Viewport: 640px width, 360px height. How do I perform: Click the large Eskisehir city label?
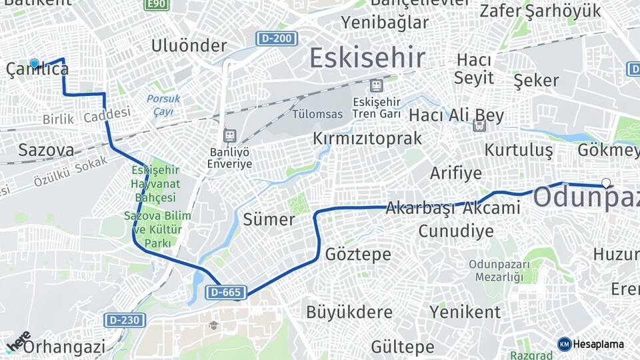pos(367,59)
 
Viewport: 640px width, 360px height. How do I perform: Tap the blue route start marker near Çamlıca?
pos(35,63)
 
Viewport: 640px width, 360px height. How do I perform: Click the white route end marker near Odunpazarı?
pos(605,183)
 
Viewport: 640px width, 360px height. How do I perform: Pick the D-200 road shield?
pos(277,39)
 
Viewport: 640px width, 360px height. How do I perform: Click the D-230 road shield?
pos(124,320)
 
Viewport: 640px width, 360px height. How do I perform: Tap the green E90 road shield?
pos(157,5)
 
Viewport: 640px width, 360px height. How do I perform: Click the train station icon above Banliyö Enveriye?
pos(230,135)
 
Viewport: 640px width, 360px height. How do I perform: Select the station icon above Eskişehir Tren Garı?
pos(377,86)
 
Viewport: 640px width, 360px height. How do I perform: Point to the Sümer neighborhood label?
pos(269,219)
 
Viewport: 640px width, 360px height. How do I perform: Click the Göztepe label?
pos(358,254)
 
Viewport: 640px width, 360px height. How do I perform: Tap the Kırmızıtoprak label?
pos(368,139)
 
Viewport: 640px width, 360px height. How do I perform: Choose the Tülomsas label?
pos(317,114)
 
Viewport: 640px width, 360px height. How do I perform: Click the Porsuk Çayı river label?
pos(163,105)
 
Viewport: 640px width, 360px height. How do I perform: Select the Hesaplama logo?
pos(591,344)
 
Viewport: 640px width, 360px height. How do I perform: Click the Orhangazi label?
pos(65,347)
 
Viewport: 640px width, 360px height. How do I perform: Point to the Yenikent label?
pos(465,311)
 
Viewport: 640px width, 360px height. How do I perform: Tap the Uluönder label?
pos(189,45)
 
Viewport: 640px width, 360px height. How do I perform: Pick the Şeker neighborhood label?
pos(536,81)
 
